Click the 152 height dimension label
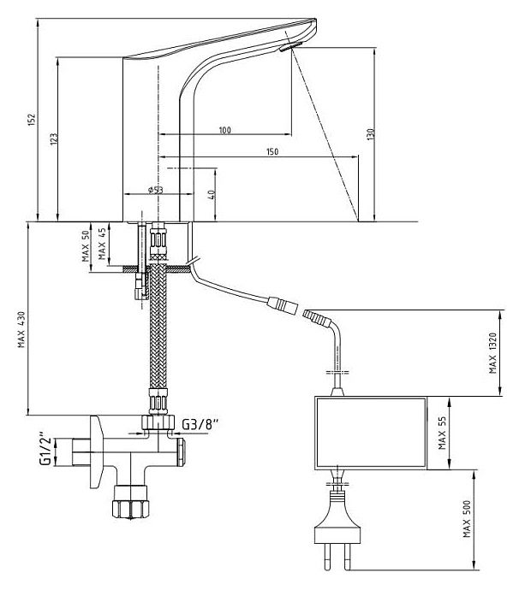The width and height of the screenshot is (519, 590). (x=32, y=120)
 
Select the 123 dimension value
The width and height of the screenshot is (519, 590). (x=52, y=139)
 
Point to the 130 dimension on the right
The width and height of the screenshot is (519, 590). (x=371, y=134)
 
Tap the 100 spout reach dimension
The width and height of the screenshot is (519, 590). (x=224, y=130)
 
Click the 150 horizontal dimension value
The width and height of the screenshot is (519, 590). (x=273, y=151)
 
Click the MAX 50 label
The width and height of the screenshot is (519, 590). (x=86, y=246)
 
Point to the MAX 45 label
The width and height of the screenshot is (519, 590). (x=101, y=245)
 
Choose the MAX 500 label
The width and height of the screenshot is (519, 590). (x=468, y=518)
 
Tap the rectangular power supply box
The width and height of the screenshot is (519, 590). (x=369, y=434)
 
